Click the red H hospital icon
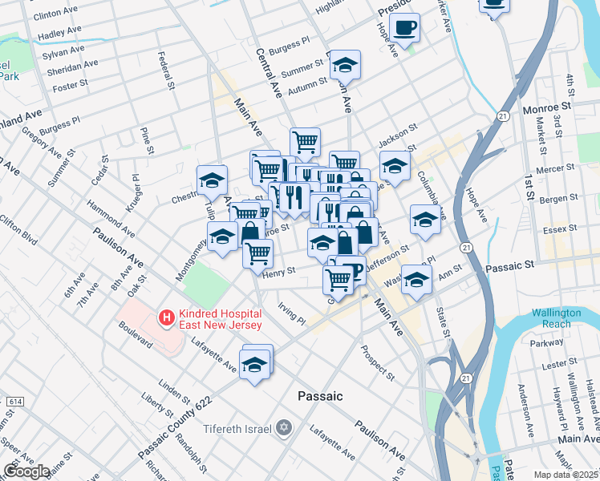click(166, 318)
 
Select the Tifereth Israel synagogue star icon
click(282, 428)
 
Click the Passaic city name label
click(320, 396)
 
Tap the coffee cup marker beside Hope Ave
click(406, 27)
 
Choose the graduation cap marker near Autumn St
click(345, 64)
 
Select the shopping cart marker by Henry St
click(258, 253)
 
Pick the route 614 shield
click(15, 400)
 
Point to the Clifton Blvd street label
click(17, 228)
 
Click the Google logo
click(26, 471)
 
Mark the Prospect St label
click(377, 362)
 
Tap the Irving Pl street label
click(291, 313)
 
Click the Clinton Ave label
click(59, 14)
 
